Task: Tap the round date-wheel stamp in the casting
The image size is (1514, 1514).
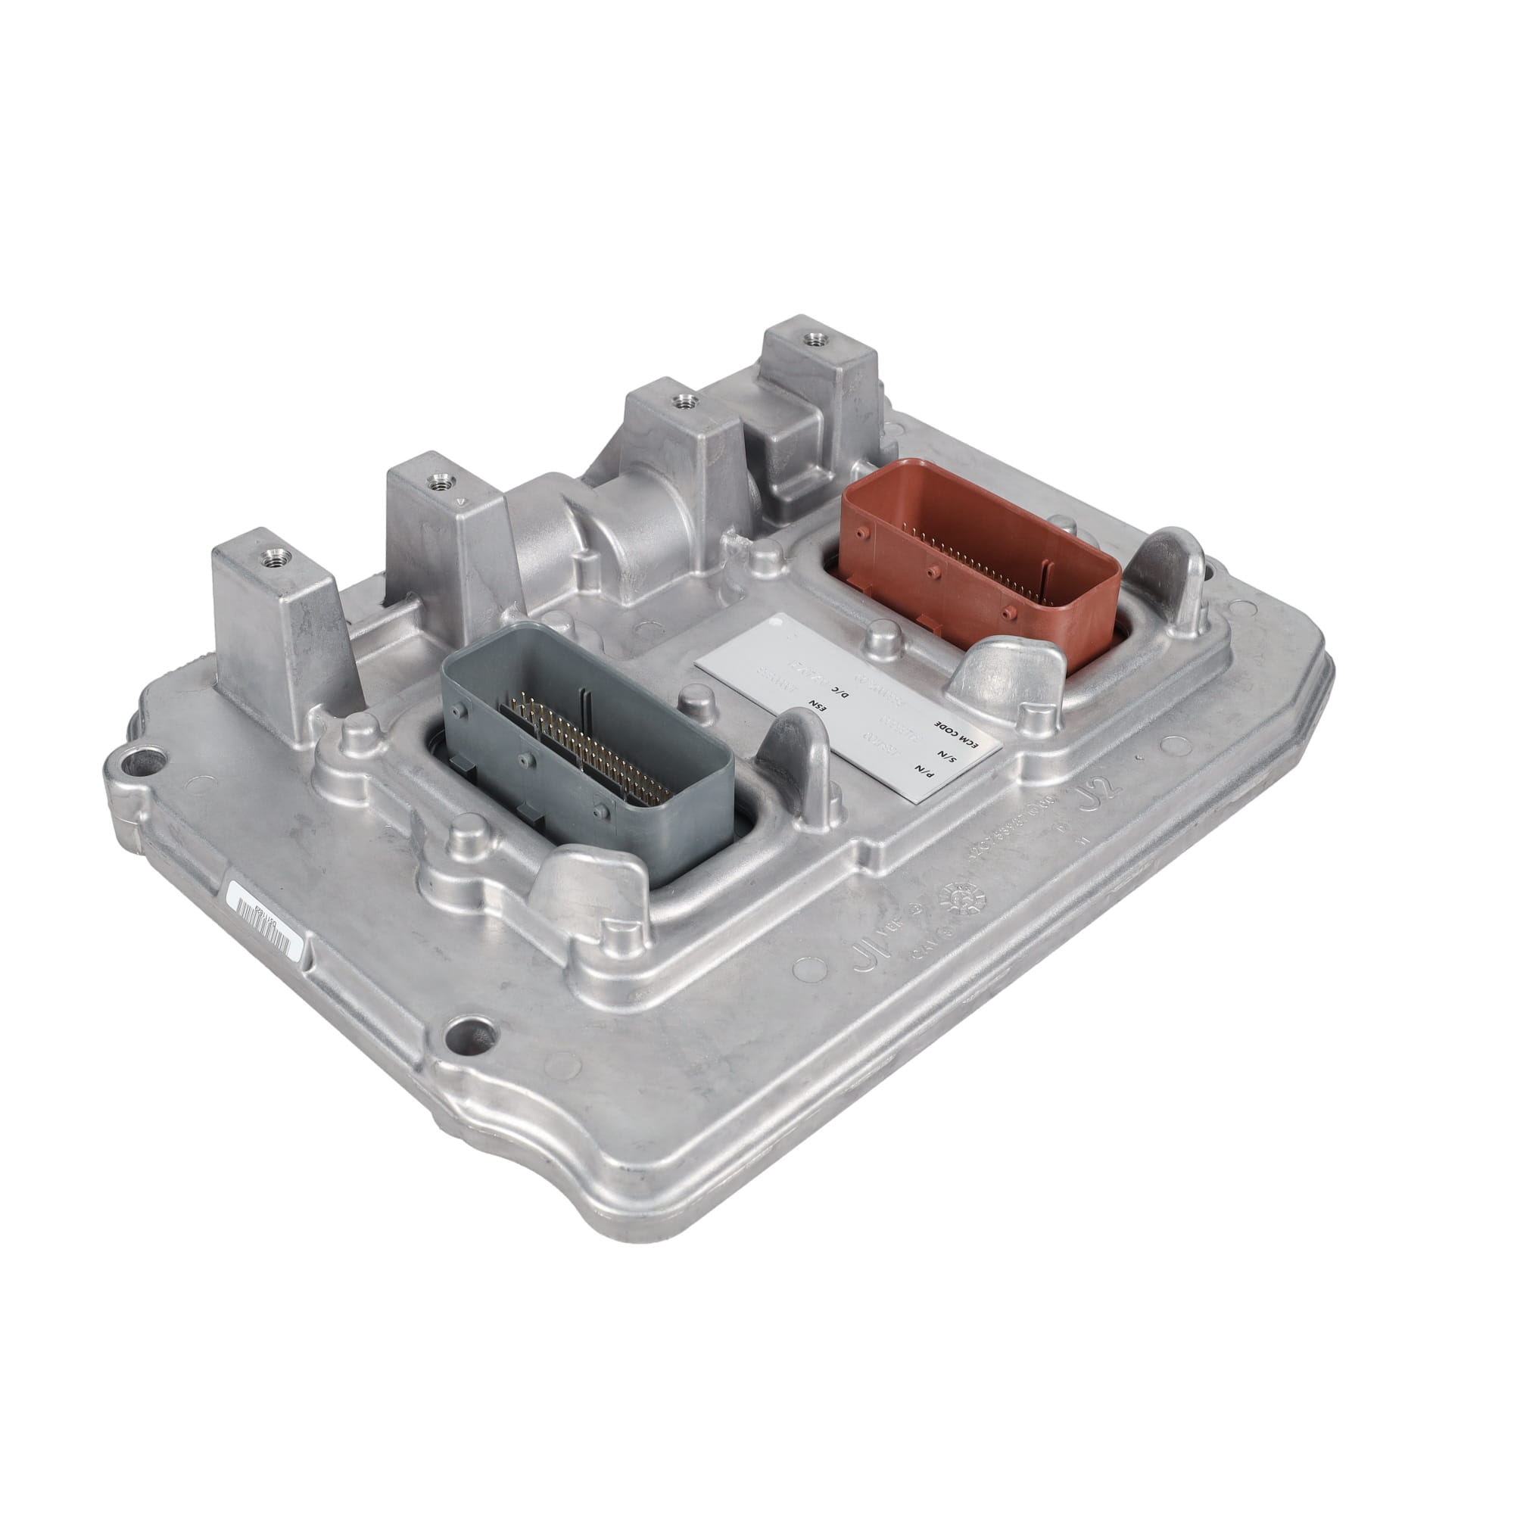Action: (x=961, y=896)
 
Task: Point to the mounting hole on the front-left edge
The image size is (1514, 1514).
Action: (x=468, y=1035)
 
